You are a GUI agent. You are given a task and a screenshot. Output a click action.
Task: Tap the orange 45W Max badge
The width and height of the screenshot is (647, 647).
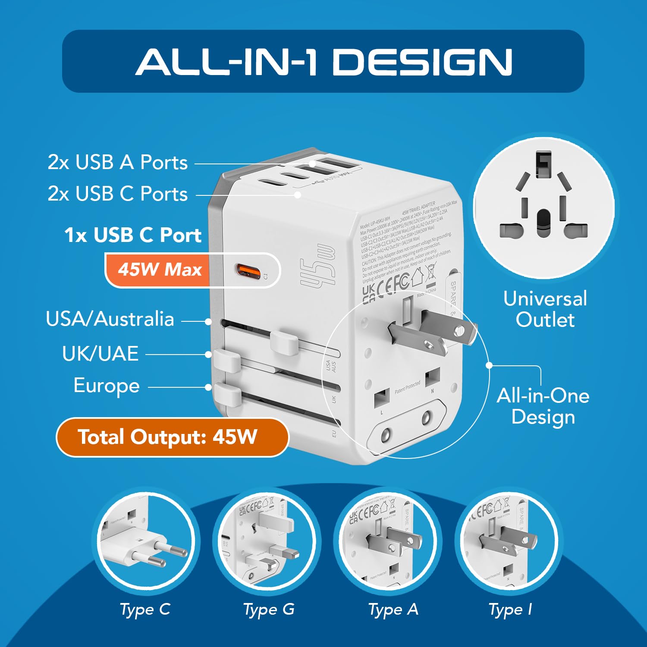click(160, 270)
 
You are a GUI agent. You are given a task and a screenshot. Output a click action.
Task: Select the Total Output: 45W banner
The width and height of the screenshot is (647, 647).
click(172, 437)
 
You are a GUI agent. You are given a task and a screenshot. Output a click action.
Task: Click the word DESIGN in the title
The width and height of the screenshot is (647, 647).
click(423, 62)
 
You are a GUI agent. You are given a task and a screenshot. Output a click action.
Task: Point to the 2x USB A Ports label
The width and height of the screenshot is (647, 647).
click(117, 163)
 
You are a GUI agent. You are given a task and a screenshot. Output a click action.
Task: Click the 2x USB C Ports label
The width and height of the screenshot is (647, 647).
click(117, 194)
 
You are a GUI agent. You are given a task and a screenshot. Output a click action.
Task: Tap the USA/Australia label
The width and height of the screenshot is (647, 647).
click(110, 319)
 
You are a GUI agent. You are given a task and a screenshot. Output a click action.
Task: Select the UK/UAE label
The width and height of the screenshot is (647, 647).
click(100, 354)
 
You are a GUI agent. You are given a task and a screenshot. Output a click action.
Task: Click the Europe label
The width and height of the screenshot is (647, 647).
click(107, 386)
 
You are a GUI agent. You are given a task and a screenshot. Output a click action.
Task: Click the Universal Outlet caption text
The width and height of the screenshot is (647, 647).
click(545, 309)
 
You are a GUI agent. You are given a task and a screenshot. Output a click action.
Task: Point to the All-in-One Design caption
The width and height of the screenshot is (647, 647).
click(543, 406)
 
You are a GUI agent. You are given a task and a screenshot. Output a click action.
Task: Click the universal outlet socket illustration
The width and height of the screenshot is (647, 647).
click(544, 207)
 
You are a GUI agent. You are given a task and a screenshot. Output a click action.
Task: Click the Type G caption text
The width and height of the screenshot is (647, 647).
click(269, 609)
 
